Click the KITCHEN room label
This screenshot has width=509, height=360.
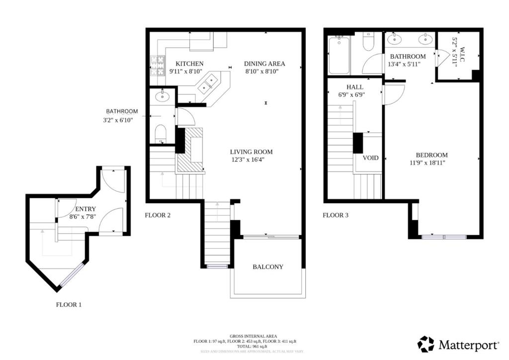189,64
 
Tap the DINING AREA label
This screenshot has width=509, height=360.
265,64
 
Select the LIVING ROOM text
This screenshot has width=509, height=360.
251,152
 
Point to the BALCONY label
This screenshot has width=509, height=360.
268,267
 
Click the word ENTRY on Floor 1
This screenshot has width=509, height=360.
85,209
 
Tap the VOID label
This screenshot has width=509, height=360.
370,158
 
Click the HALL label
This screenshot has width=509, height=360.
354,87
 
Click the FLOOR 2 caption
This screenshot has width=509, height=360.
158,215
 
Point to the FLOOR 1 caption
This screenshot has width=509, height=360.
69,305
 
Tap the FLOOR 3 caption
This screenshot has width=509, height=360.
336,215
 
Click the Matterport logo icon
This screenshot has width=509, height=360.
425,344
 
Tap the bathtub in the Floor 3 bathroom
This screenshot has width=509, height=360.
339,55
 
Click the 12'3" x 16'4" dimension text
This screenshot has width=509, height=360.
251,160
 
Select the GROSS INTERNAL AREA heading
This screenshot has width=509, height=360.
254,336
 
